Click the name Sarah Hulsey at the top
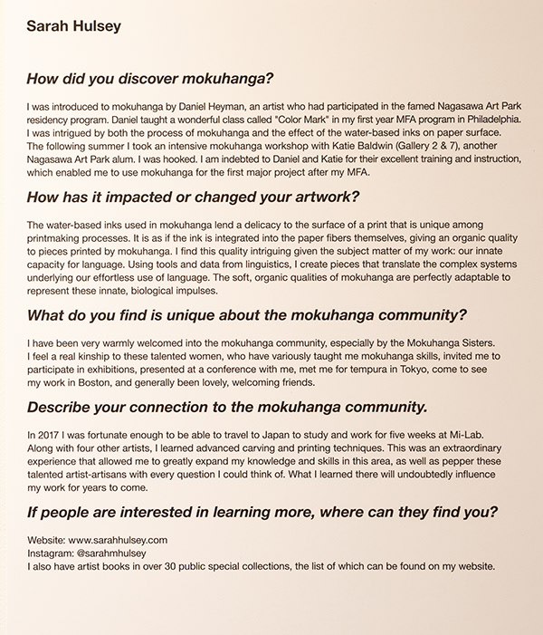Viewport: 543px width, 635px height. click(x=74, y=26)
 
